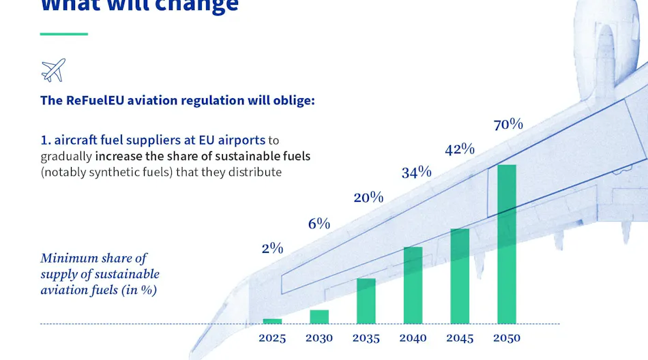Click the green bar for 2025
(272, 321)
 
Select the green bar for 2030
(319, 317)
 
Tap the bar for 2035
(366, 301)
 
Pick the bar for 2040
(413, 285)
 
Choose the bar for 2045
(460, 276)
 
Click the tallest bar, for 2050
(506, 244)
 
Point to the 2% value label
(272, 248)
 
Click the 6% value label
(319, 223)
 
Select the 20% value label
(368, 198)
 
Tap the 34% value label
(416, 172)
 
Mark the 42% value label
(460, 149)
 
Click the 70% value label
(508, 124)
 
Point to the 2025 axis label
(272, 338)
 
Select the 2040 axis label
(413, 338)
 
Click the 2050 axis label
(506, 338)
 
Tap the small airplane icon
(53, 70)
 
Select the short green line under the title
(64, 33)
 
